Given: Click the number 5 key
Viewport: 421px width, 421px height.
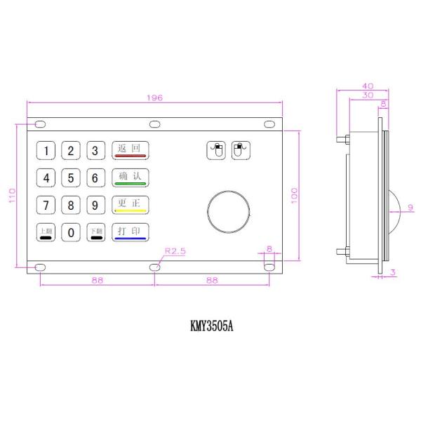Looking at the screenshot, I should [71, 178].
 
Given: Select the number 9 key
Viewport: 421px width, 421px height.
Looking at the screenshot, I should [95, 205].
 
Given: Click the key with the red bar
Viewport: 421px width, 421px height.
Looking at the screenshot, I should [131, 150].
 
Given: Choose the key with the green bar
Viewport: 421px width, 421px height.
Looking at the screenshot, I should [131, 178].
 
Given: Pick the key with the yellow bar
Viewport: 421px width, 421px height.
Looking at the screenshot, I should [131, 205].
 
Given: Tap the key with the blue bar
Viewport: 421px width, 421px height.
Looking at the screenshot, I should [131, 232].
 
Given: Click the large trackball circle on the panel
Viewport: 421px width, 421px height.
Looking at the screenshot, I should [229, 210].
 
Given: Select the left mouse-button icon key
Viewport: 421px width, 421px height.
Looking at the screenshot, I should [216, 149].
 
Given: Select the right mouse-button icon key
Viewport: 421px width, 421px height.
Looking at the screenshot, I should [240, 149].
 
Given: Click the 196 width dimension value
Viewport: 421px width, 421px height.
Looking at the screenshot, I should [155, 98].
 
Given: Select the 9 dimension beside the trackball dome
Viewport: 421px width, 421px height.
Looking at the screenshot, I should [410, 206].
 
